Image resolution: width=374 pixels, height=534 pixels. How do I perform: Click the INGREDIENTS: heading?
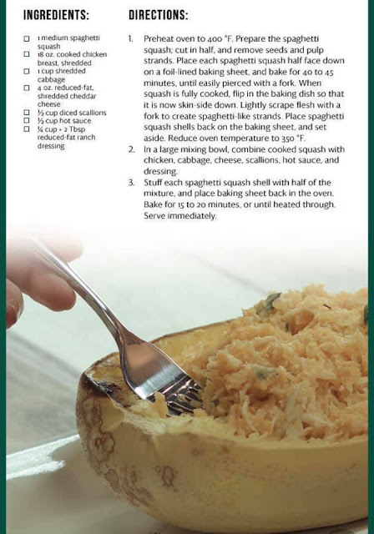(56, 15)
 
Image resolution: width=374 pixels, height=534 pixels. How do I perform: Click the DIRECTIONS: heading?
(159, 15)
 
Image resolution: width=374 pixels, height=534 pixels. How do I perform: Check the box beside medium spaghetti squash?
(27, 38)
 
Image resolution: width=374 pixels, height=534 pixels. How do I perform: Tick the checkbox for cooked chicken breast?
(27, 54)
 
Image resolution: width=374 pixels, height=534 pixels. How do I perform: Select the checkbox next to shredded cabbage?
(27, 71)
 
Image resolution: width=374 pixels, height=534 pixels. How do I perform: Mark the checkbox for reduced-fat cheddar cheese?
(27, 88)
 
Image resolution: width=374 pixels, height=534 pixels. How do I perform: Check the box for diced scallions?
(27, 113)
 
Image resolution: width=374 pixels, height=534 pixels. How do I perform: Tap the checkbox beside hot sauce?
(27, 120)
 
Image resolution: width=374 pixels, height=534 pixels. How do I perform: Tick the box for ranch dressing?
(27, 129)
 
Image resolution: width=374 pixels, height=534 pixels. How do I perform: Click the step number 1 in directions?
(130, 39)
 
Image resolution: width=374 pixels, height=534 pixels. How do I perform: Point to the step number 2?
(131, 149)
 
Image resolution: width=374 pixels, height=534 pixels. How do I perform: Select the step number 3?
(131, 183)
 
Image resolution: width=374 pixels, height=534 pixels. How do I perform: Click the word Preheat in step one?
(158, 39)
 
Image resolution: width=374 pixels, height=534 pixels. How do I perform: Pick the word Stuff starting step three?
(152, 183)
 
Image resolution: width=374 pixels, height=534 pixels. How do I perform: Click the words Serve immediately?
(179, 216)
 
